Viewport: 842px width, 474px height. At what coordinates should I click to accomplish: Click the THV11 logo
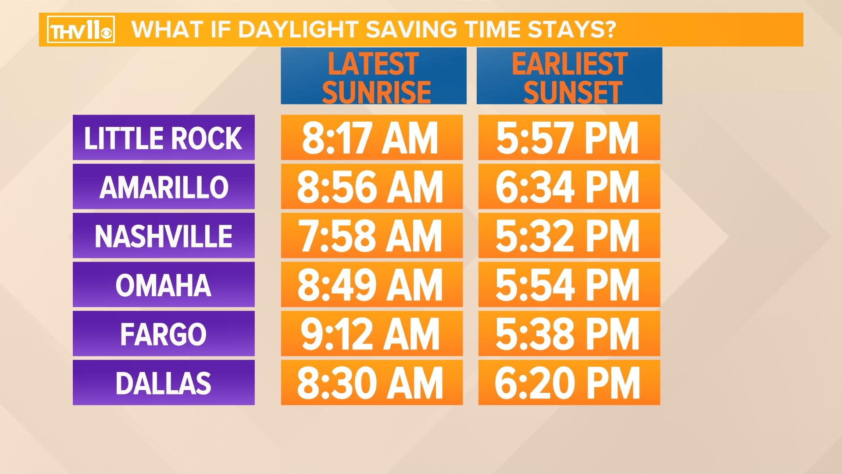click(81, 30)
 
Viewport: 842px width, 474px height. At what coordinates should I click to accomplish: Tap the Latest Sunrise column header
click(374, 76)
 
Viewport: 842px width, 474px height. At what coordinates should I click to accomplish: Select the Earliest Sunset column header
click(569, 76)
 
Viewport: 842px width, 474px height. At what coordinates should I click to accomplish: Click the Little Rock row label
click(164, 138)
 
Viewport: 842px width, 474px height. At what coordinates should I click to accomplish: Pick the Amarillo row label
click(164, 187)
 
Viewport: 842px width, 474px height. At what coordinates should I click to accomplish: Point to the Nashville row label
click(164, 236)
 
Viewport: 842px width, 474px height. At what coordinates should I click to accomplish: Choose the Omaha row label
click(164, 285)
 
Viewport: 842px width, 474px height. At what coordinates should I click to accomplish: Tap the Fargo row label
click(164, 334)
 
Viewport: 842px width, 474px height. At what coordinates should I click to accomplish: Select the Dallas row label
click(164, 383)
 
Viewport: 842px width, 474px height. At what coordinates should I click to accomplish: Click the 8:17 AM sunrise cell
click(371, 138)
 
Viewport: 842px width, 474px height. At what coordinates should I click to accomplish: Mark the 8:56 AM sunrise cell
click(371, 187)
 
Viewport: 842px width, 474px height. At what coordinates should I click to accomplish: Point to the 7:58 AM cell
click(371, 236)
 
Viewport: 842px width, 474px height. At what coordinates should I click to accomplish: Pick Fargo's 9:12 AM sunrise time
click(371, 334)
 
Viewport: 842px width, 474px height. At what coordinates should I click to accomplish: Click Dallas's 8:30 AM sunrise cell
click(371, 383)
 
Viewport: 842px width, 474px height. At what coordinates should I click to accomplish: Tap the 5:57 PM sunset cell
click(569, 138)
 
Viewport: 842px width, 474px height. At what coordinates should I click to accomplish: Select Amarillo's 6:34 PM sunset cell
click(569, 187)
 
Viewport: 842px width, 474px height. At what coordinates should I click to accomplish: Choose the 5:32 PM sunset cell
click(569, 236)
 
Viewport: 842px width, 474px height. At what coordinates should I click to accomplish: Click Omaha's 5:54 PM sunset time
click(569, 285)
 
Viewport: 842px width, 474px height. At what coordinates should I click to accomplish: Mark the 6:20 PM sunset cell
click(569, 383)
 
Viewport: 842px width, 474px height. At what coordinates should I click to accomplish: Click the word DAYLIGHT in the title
click(298, 30)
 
